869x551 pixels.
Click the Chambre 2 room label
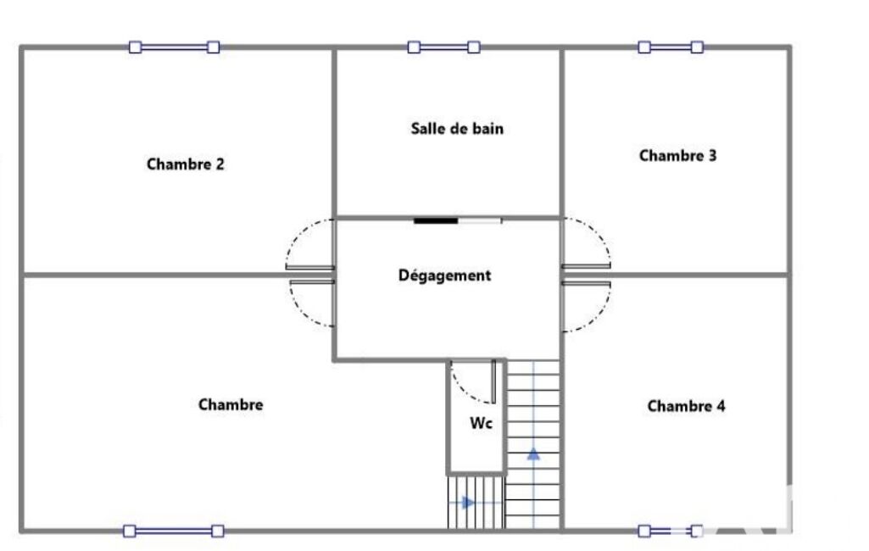(185, 164)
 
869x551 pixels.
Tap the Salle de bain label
(457, 129)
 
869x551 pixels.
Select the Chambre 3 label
(677, 156)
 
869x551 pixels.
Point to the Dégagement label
(444, 275)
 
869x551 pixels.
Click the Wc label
(481, 424)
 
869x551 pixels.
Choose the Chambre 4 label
(686, 406)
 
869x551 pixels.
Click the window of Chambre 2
(174, 47)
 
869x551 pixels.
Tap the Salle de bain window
(443, 47)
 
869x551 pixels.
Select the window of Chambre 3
(671, 47)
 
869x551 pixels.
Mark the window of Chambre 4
(671, 531)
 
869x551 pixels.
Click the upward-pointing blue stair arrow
(533, 454)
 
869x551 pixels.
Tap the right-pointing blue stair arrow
(468, 503)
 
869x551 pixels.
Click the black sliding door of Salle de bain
(436, 220)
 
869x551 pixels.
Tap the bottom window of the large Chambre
(174, 531)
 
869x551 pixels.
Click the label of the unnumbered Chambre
(231, 404)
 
